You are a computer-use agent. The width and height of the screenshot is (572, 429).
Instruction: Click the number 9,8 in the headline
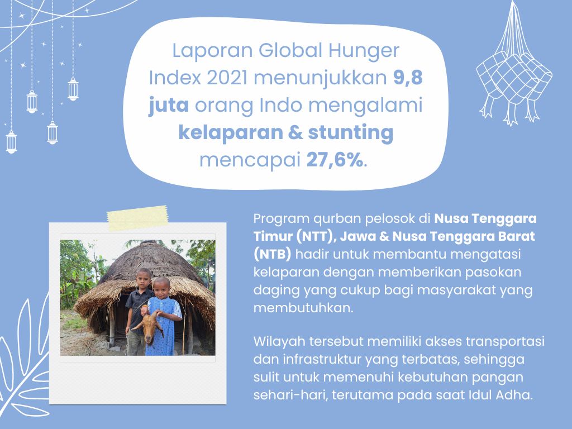tap(408, 78)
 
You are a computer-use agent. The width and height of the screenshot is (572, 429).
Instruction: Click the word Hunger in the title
tap(364, 51)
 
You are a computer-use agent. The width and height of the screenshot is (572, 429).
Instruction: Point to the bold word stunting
tap(351, 133)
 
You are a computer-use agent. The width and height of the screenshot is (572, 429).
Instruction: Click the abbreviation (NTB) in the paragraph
tap(273, 254)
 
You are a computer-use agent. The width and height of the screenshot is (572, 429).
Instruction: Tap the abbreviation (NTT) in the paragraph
tap(316, 236)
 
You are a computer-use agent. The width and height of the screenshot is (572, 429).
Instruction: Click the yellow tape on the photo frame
tap(138, 218)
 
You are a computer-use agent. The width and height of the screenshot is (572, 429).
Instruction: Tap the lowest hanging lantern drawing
tap(11, 141)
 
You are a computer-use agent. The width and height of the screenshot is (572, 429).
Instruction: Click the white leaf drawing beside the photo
tap(23, 361)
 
